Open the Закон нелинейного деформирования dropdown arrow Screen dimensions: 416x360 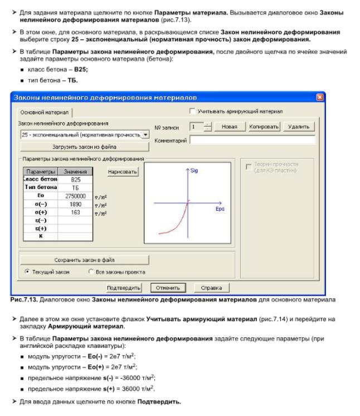(145, 134)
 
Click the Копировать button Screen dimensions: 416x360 (264, 127)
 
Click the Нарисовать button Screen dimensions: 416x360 (123, 172)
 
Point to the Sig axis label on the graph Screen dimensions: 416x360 (194, 170)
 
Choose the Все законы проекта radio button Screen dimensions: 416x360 (91, 272)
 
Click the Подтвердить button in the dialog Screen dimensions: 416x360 (123, 288)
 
